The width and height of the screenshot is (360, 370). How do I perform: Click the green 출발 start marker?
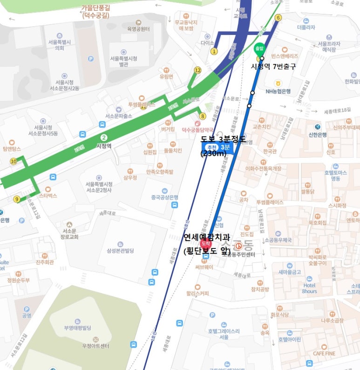pos(258,48)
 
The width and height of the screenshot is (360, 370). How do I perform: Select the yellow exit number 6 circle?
pos(278,18)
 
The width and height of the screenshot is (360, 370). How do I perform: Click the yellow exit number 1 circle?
pos(214,51)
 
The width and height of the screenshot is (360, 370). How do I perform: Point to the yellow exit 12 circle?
pos(197,70)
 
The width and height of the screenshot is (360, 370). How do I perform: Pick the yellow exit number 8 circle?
pos(202,116)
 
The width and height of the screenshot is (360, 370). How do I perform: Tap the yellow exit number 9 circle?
pos(17,199)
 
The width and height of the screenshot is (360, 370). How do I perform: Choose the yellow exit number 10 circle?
pos(13,161)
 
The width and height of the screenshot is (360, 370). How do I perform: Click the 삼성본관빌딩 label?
pos(120,250)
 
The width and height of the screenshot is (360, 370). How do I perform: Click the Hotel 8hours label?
pos(310,288)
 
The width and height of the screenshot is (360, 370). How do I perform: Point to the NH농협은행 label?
pos(278,91)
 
